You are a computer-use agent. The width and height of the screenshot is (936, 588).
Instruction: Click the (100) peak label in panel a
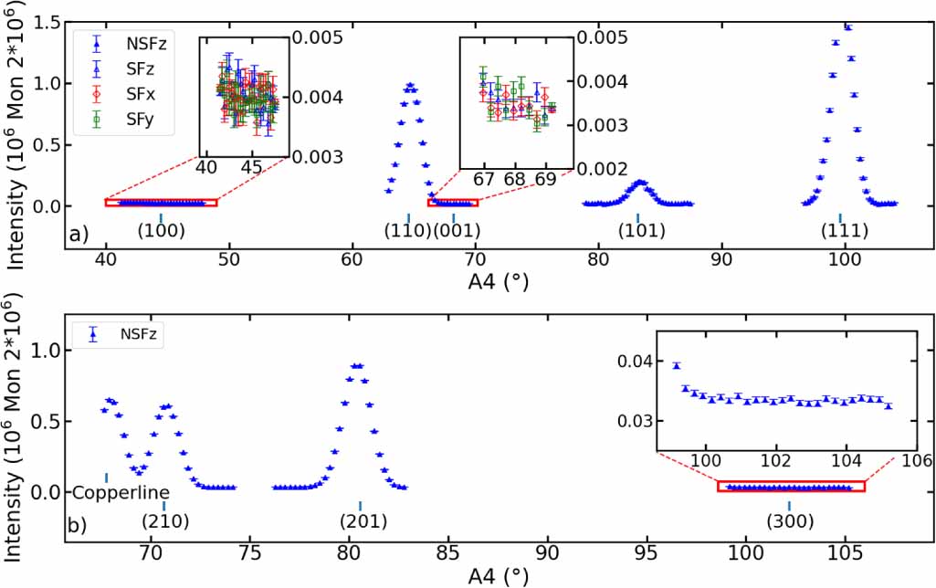coord(161,231)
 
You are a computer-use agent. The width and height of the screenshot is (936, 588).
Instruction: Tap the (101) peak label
coord(639,231)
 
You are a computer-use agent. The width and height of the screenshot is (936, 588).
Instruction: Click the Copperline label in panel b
coord(106,494)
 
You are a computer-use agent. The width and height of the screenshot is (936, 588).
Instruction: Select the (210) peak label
coord(164,521)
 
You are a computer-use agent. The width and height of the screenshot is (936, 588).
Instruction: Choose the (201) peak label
coord(363,521)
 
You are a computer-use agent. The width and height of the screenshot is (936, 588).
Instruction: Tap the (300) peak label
coord(789,521)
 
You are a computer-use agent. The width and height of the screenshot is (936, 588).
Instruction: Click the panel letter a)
coord(79,235)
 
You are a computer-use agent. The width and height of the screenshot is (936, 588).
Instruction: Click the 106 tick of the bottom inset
coord(914,461)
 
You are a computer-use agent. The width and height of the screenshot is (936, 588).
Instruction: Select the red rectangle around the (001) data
coord(453,203)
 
